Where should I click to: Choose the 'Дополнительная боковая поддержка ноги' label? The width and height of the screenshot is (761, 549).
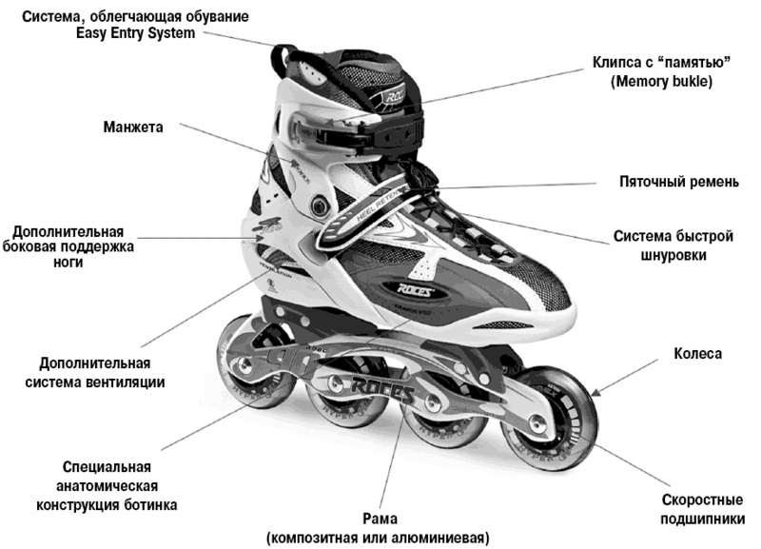pyautogui.click(x=72, y=246)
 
